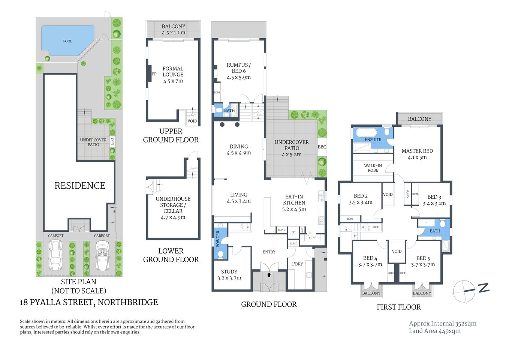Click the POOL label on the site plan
coord(67,41)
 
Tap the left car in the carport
coord(56,255)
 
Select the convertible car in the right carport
coord(102,255)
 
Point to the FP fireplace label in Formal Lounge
coord(154,74)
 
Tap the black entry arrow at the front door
coord(269,275)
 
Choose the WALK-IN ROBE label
coord(373,168)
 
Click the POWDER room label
coord(218,239)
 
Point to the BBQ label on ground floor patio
coord(322,147)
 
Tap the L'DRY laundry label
coord(297,264)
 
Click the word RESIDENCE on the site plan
coord(80,186)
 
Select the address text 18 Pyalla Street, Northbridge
coord(89,302)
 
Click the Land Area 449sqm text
coord(435,331)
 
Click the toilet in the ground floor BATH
coord(219,110)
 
